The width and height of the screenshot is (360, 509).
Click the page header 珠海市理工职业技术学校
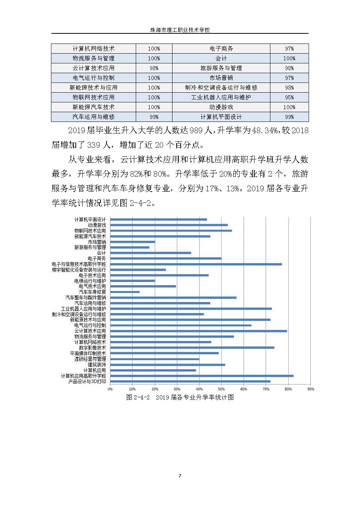pos(180,30)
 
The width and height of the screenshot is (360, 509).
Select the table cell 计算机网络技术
pos(93,49)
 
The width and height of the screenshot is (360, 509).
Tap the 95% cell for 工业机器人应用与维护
pos(289,98)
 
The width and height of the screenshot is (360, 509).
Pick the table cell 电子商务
pos(221,49)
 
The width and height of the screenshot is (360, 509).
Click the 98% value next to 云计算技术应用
pos(154,68)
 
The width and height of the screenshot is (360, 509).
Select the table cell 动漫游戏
pos(221,107)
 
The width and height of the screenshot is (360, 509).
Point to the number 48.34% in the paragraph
pos(265,131)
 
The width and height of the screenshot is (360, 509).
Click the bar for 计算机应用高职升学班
pos(202,376)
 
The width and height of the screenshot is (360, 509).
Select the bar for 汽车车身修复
pos(125,292)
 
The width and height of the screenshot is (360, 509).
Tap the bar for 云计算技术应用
pos(198,331)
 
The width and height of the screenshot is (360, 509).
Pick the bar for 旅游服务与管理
pos(130,248)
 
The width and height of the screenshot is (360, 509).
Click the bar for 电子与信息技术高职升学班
pos(196,264)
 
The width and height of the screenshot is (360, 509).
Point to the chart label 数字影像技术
pos(92,348)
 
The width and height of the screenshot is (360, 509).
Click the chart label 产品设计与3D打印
pos(87,381)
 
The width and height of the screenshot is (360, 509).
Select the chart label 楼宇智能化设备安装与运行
pos(79,270)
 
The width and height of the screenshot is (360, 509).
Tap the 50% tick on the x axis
pos(221,389)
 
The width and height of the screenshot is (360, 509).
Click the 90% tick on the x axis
pos(310,389)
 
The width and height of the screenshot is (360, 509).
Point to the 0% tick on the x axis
pos(110,389)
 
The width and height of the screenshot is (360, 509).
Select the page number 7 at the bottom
pos(180,476)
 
